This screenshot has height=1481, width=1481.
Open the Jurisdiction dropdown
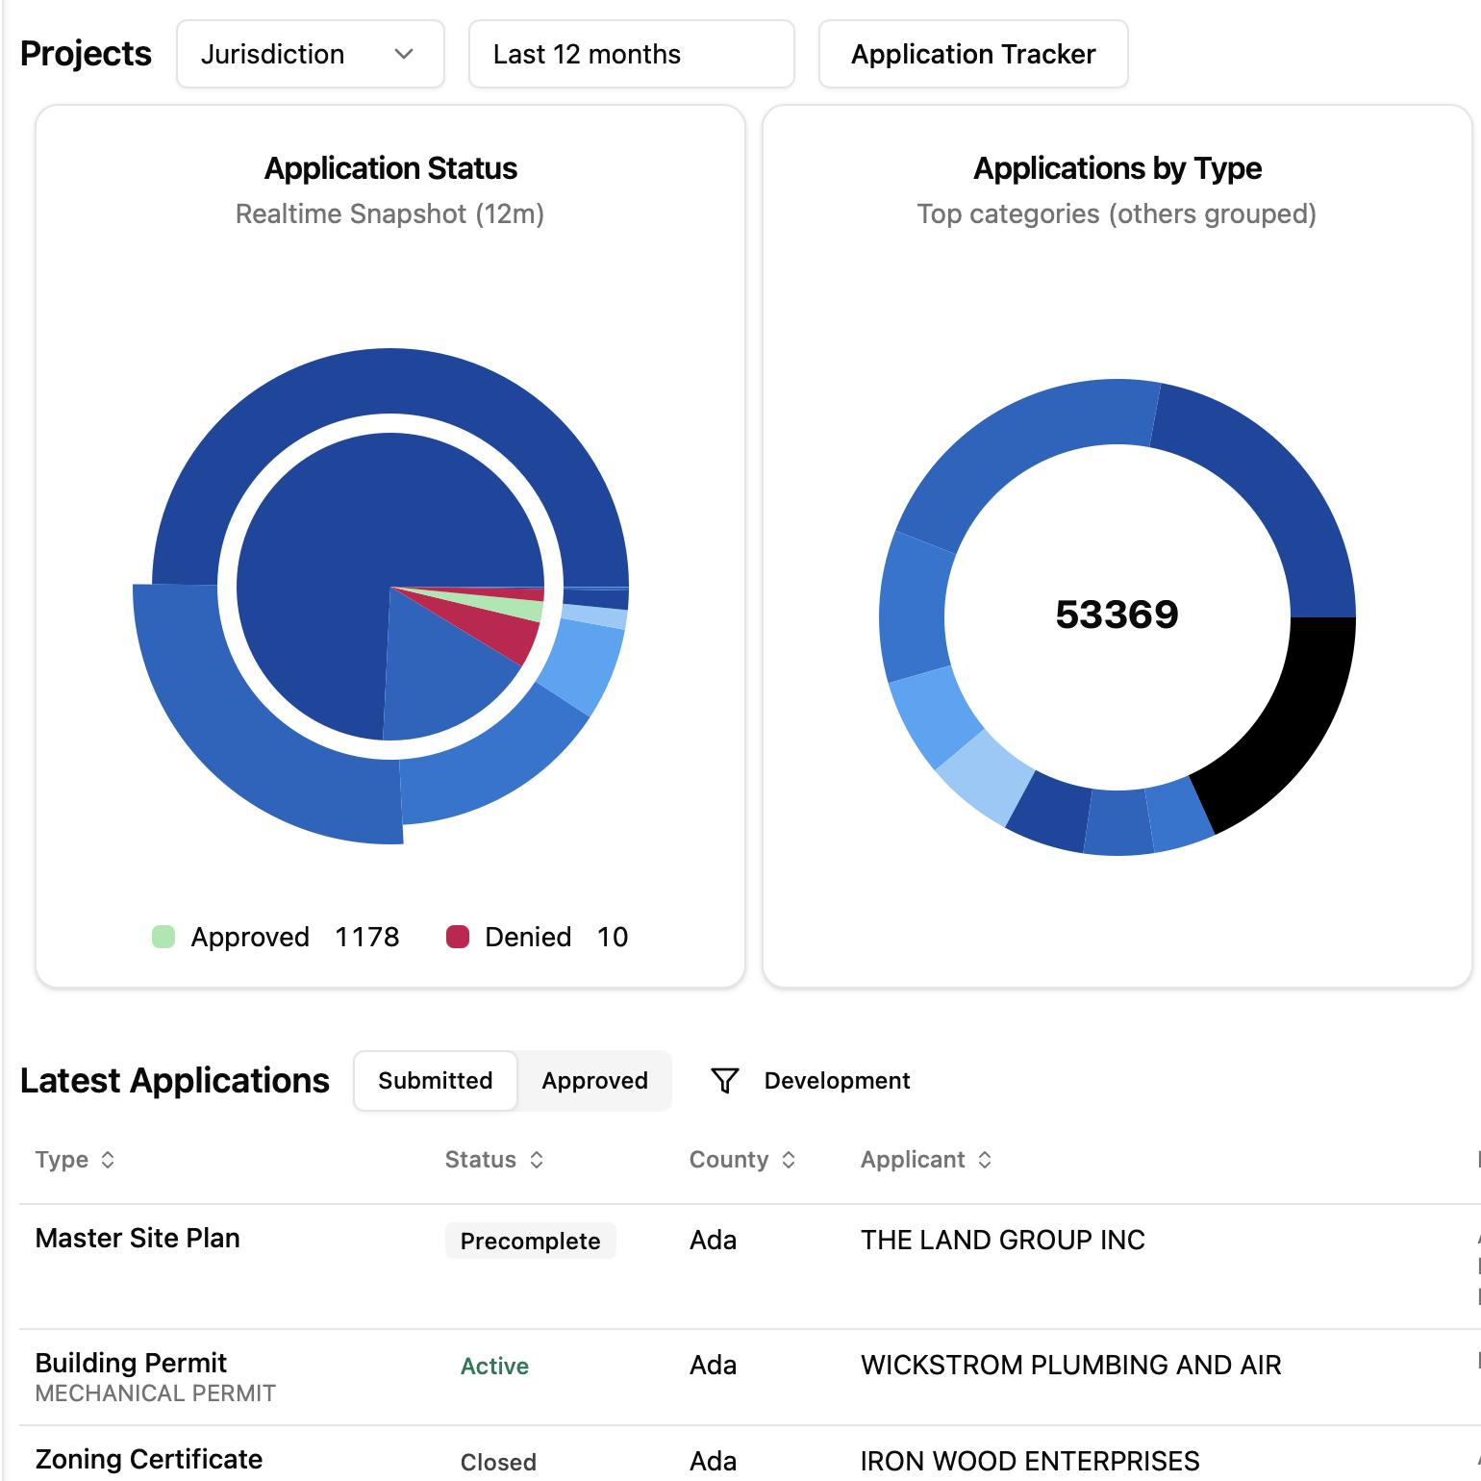click(310, 54)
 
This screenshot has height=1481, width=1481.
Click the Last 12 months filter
click(631, 54)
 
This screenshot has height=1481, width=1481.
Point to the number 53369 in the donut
click(1117, 615)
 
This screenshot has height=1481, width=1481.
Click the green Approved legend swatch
click(163, 937)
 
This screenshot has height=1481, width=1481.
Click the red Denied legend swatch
click(458, 937)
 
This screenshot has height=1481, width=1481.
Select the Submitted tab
click(435, 1081)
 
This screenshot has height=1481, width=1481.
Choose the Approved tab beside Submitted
click(594, 1081)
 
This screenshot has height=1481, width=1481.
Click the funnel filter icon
click(725, 1081)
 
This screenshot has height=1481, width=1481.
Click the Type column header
click(63, 1160)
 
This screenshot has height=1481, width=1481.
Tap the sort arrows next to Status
click(537, 1160)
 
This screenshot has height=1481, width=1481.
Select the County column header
click(729, 1160)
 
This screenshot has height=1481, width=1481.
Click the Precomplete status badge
click(530, 1242)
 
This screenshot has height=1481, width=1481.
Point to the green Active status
click(494, 1367)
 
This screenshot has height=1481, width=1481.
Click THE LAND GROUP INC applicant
click(1002, 1241)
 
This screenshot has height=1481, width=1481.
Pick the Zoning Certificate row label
click(149, 1460)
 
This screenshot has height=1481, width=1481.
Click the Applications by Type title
click(1117, 168)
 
